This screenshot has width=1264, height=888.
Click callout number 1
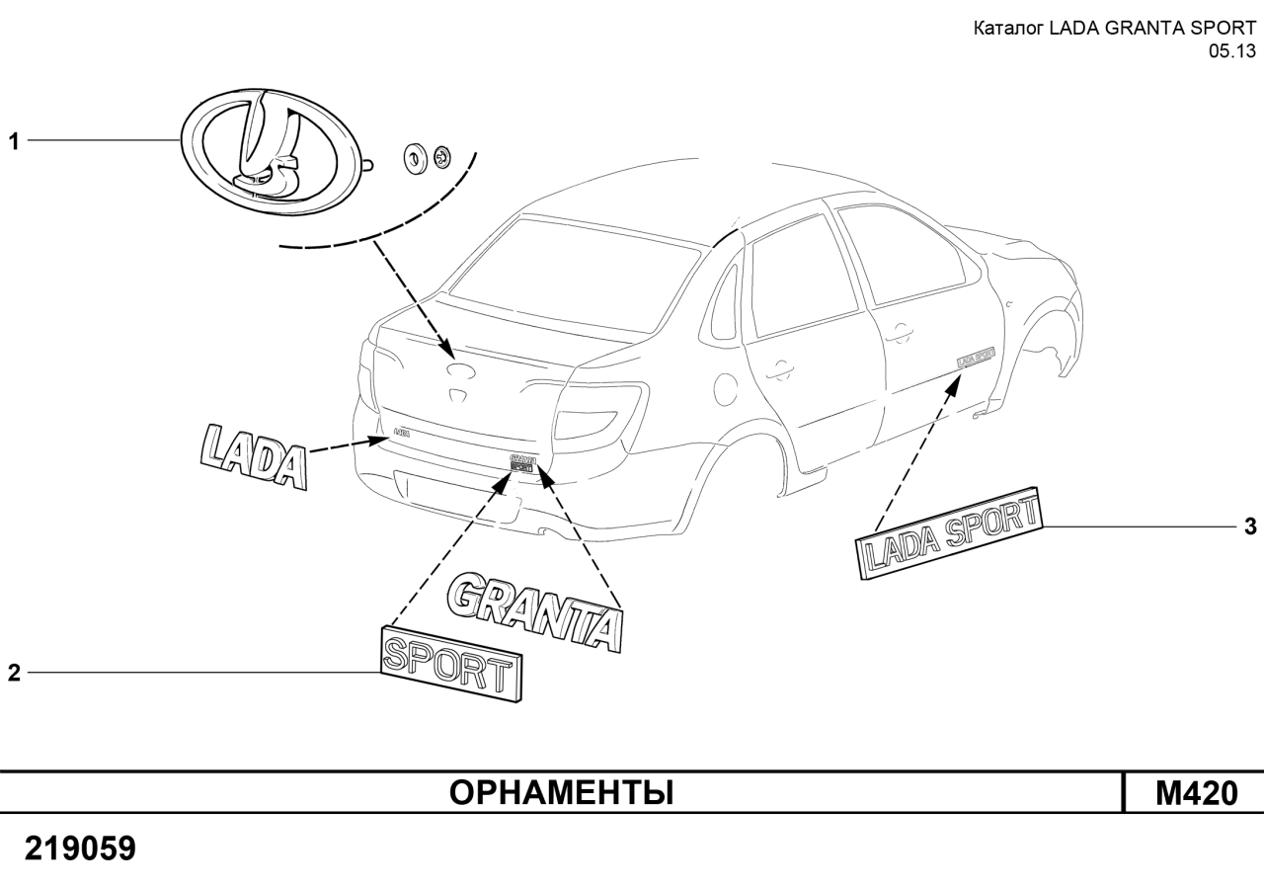click(x=14, y=142)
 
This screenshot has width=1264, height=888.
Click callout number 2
click(x=14, y=674)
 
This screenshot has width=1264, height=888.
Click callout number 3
click(x=1249, y=527)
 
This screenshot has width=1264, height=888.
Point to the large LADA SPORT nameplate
click(x=949, y=534)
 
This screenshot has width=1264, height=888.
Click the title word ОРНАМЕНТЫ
click(x=562, y=792)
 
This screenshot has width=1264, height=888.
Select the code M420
click(x=1195, y=792)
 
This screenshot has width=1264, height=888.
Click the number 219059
click(x=81, y=848)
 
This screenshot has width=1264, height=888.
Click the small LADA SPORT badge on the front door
click(x=976, y=356)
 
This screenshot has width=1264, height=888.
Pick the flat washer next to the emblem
click(x=414, y=157)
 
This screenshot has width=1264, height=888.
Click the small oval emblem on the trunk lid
click(x=460, y=370)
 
